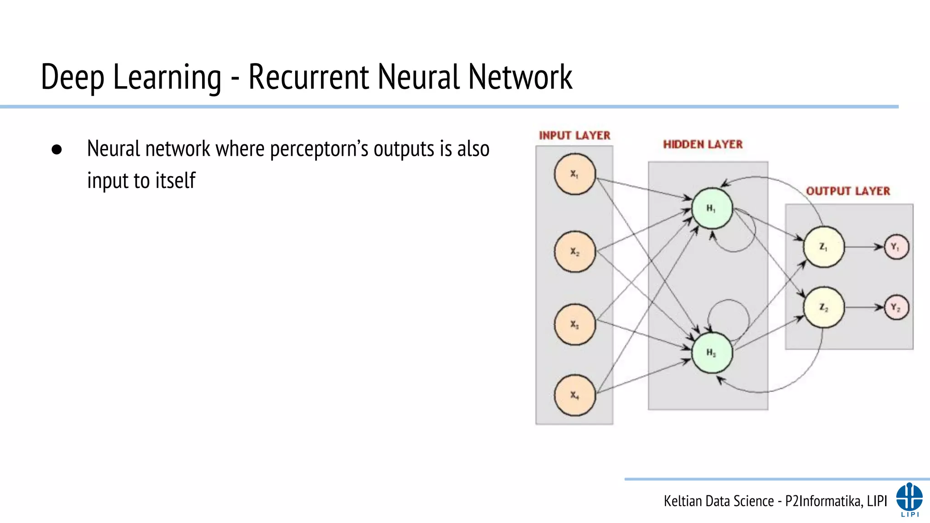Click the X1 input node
(574, 174)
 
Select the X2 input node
(574, 252)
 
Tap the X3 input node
(574, 325)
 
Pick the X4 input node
(574, 395)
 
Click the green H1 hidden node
(712, 208)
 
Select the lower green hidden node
(712, 353)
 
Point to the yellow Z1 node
(823, 247)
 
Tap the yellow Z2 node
(823, 307)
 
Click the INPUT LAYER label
(574, 135)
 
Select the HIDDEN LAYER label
(702, 144)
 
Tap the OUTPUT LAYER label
(848, 191)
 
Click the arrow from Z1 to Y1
(864, 247)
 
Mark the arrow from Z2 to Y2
(864, 307)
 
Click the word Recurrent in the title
(309, 77)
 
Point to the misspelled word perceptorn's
(319, 149)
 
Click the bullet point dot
(57, 150)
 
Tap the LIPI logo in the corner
(909, 499)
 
